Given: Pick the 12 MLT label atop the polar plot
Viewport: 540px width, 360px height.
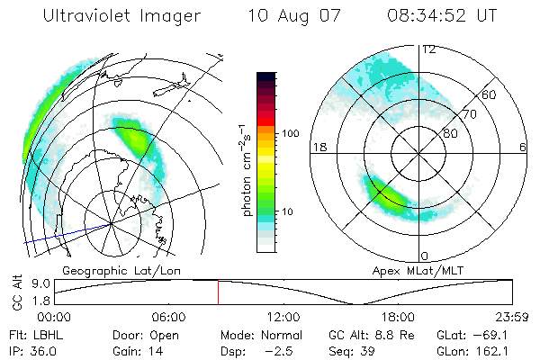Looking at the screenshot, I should (x=428, y=49).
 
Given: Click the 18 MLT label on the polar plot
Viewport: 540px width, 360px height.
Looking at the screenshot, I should (x=317, y=146).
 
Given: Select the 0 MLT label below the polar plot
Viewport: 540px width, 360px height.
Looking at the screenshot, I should (x=424, y=256).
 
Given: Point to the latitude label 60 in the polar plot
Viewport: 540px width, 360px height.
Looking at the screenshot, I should (x=490, y=94).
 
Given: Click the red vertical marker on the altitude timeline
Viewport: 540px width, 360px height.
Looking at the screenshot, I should (x=218, y=292).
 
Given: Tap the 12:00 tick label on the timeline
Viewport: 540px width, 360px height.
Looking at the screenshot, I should (x=283, y=317).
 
